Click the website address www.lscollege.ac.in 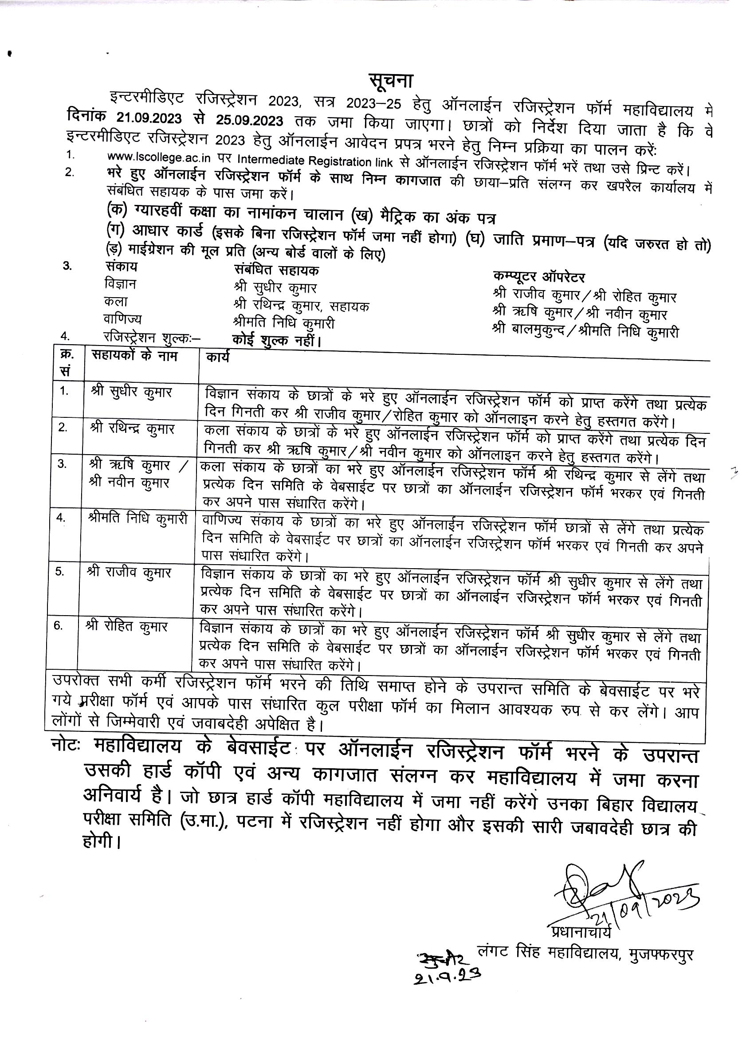coord(159,157)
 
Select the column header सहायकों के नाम coord(134,356)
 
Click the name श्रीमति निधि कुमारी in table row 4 coord(137,519)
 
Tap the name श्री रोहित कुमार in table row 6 coord(127,626)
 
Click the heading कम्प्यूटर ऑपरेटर coord(539,277)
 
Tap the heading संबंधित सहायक coord(276,270)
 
